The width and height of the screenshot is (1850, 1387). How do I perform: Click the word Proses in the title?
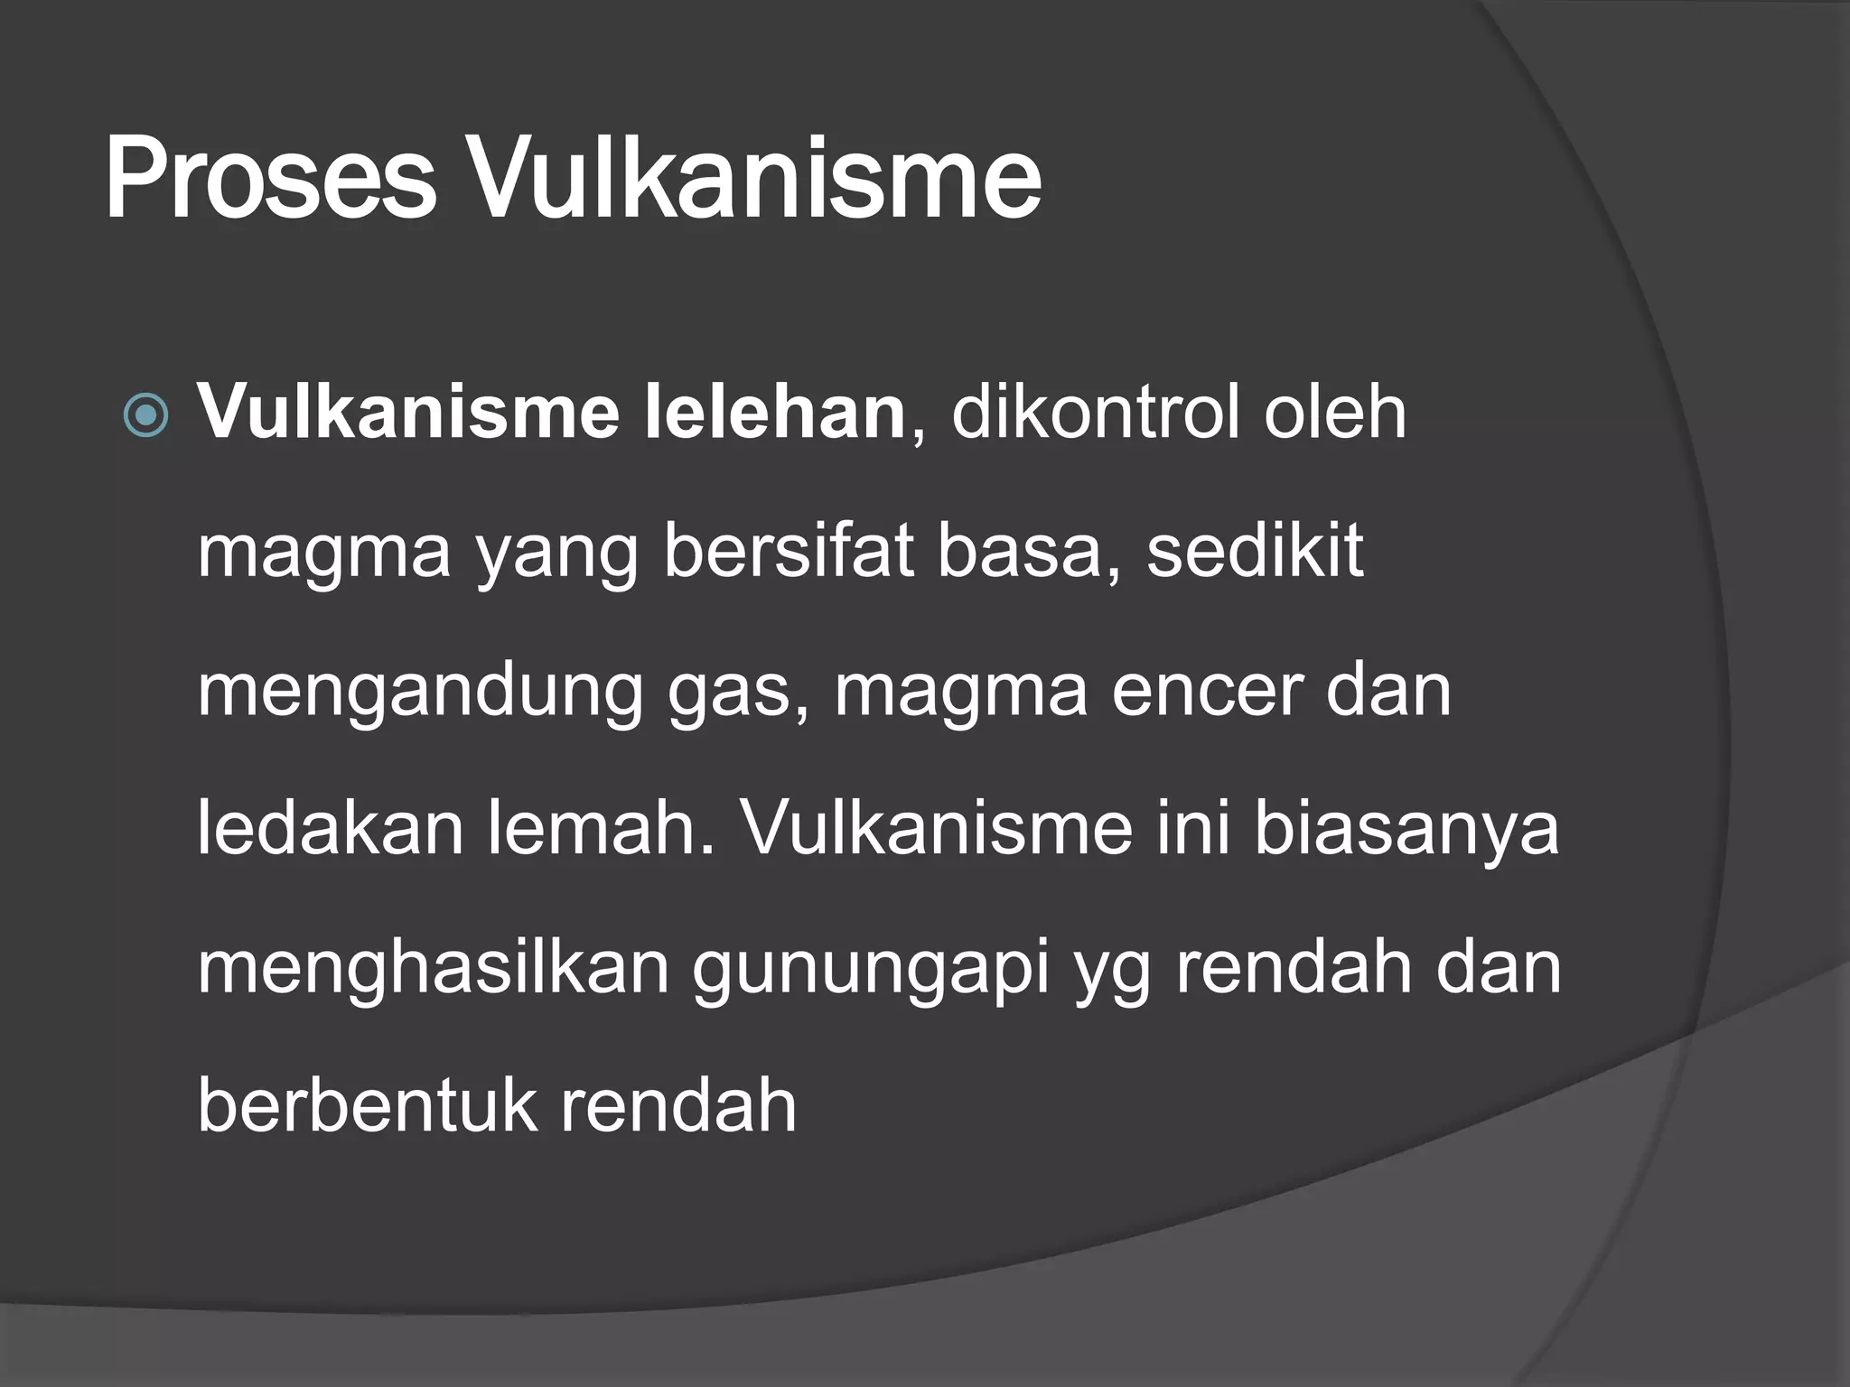click(x=270, y=178)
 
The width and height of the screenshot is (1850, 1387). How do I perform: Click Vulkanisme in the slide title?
click(x=757, y=178)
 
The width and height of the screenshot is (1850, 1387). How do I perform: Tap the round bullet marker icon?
click(x=146, y=417)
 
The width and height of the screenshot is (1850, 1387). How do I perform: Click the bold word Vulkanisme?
click(x=408, y=413)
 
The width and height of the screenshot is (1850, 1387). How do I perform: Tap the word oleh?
click(x=1335, y=413)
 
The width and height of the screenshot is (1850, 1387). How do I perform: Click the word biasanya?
click(x=1406, y=831)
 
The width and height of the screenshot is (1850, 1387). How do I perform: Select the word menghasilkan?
click(x=434, y=968)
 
